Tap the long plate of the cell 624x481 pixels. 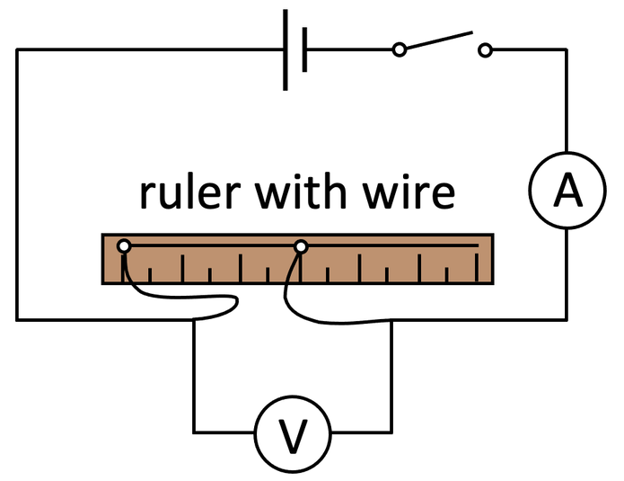tap(287, 50)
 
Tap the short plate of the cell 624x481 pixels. tap(305, 50)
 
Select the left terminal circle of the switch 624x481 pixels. tap(400, 50)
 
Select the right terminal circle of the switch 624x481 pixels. tap(486, 50)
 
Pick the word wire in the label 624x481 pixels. tap(408, 192)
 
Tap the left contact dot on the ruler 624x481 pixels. tap(124, 245)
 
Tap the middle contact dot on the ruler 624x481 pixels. tap(302, 245)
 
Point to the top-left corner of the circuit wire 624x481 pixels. tap(17, 50)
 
